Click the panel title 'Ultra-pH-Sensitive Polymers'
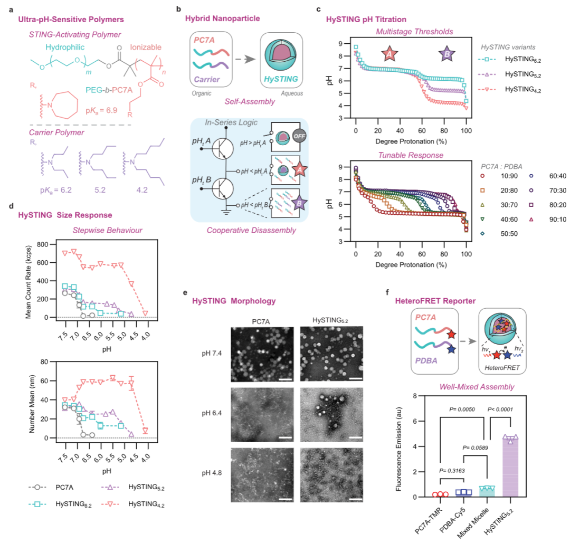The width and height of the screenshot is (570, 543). [x=71, y=20]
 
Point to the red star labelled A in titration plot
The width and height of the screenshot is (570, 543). [x=389, y=53]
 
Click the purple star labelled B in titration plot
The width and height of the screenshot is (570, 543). [x=448, y=53]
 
